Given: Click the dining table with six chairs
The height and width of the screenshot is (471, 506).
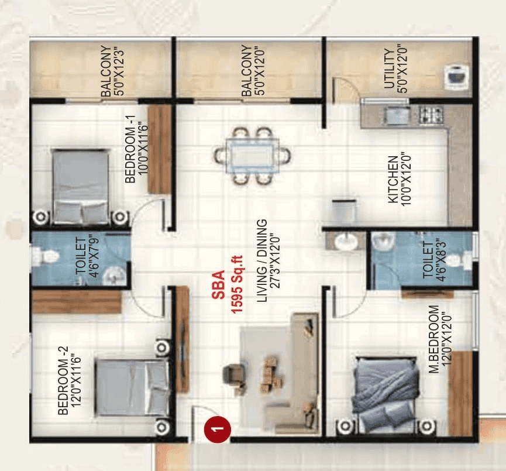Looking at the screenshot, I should click(x=252, y=156).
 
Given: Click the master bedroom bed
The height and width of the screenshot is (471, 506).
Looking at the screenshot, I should click(x=385, y=393).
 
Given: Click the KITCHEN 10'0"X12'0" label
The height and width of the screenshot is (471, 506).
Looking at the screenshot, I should click(x=398, y=179).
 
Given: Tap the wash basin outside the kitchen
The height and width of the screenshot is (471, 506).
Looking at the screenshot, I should click(x=346, y=240).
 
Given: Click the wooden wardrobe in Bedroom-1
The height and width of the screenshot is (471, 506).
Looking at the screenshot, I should click(x=159, y=149).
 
